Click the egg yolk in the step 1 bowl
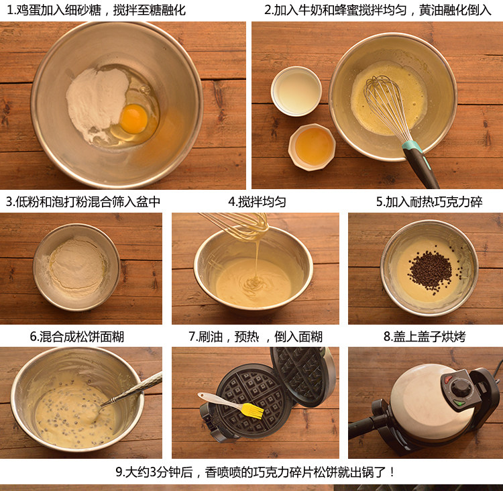coord(133,119)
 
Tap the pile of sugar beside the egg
coord(96,99)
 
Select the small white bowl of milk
coord(296,91)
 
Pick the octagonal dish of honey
coord(312,147)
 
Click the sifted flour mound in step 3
coord(77,264)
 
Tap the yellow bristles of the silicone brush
coord(252,411)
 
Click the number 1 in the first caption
coord(9,10)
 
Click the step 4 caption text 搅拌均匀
coord(262,202)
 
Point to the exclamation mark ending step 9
coord(392,472)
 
